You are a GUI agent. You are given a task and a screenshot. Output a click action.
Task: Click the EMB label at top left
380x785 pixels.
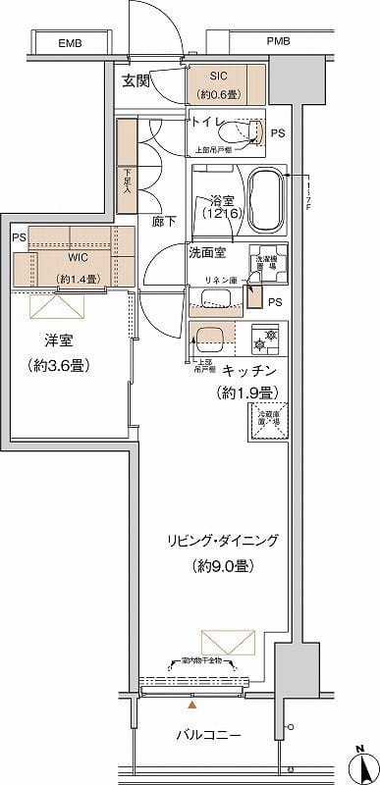coord(69,43)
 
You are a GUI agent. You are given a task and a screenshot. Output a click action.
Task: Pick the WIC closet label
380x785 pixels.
coord(80,258)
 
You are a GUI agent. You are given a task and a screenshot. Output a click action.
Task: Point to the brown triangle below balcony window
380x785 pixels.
coord(192,704)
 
